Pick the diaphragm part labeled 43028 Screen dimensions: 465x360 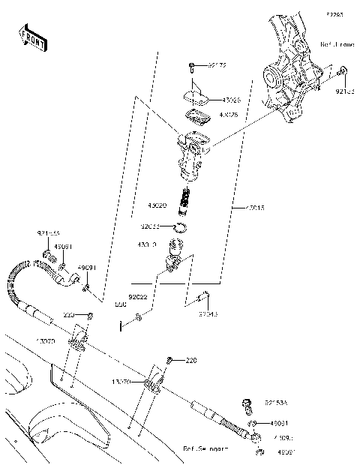(x=196, y=115)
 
